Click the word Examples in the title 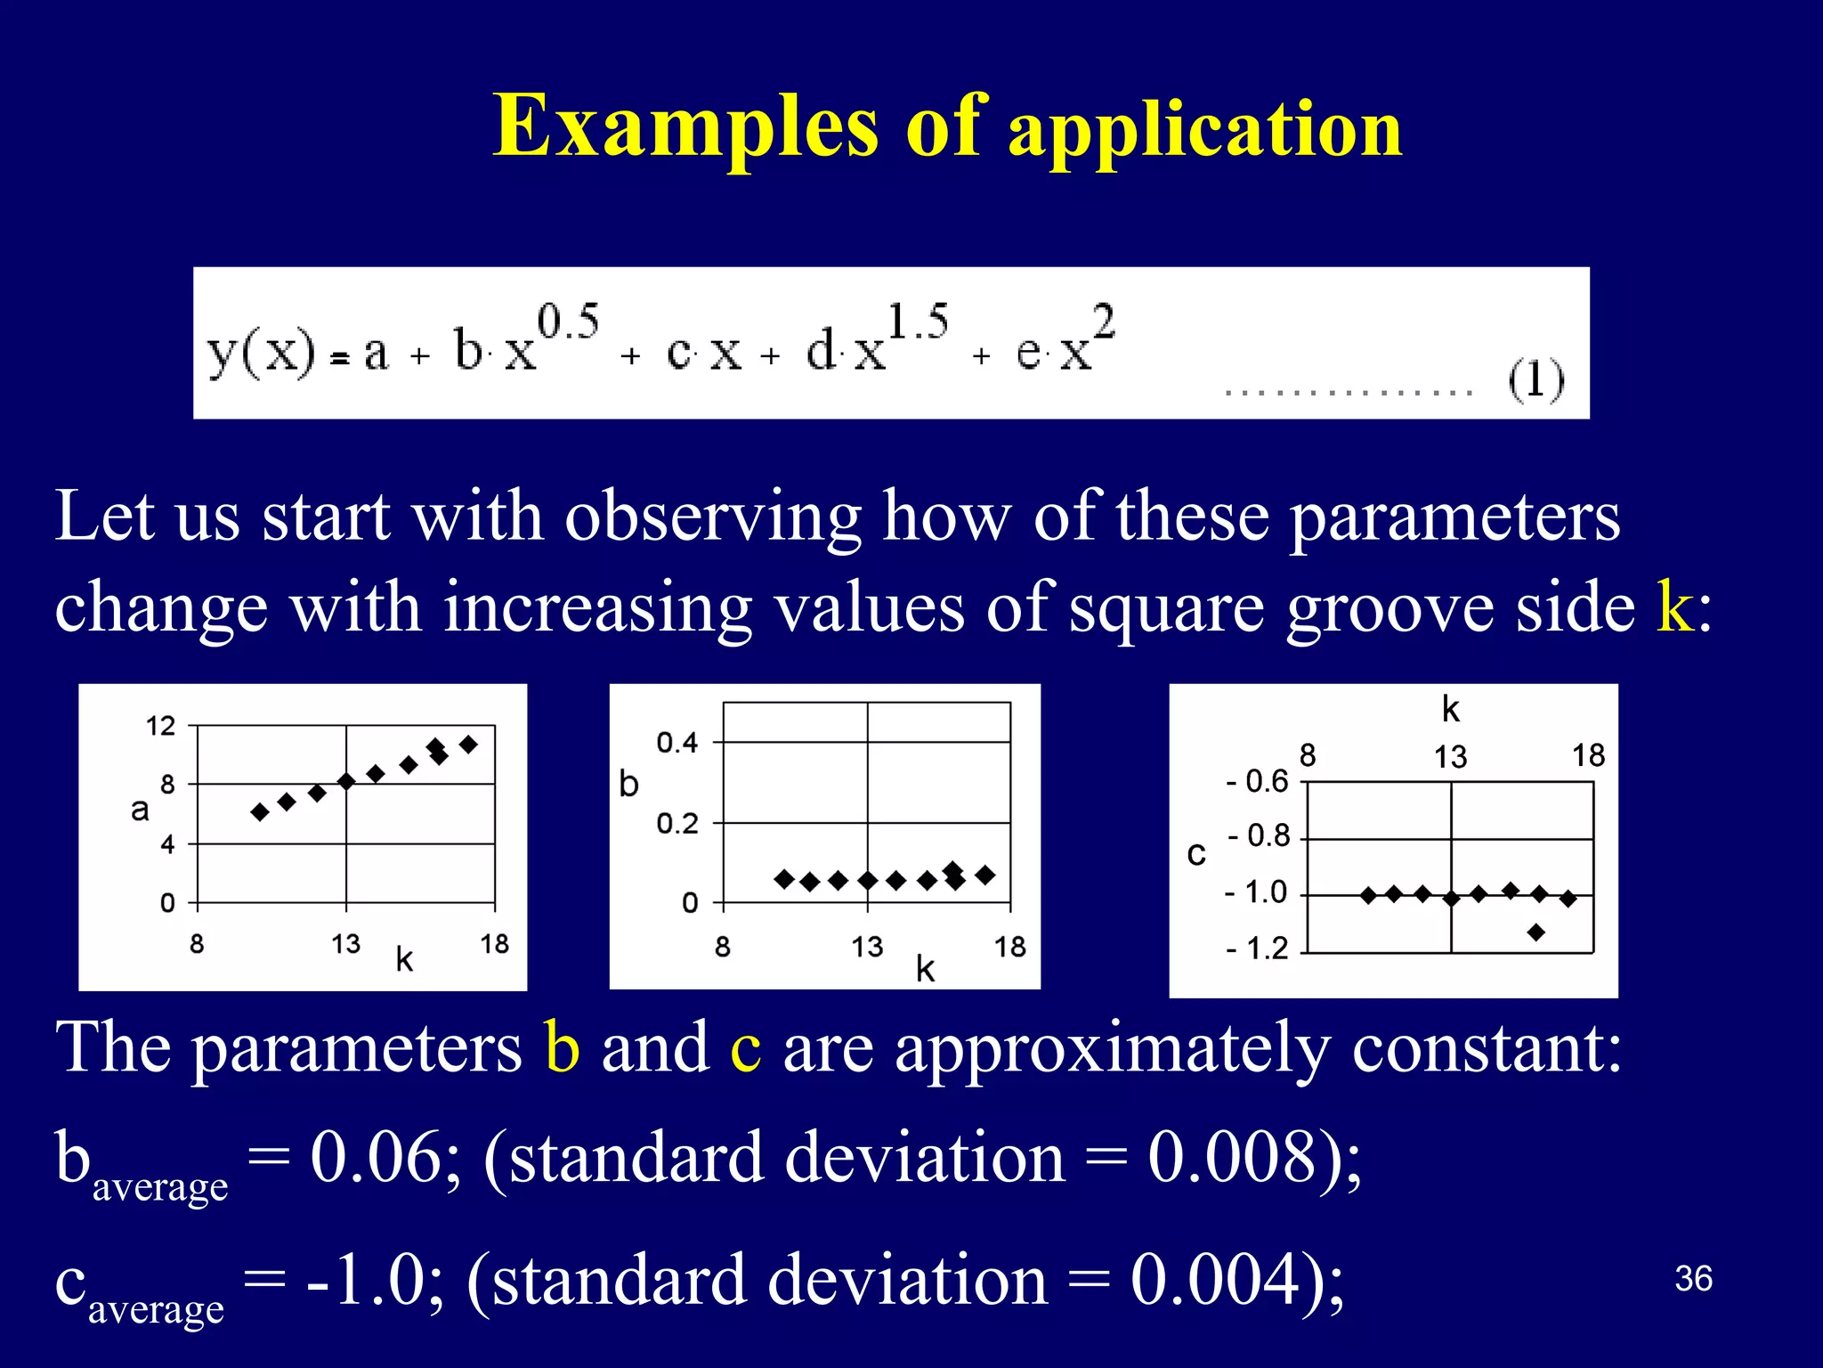685,127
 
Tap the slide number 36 1693,1279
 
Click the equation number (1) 1535,380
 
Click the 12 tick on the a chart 161,726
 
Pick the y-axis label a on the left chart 140,810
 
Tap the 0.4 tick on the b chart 677,742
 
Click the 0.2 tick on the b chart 677,823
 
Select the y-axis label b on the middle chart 628,784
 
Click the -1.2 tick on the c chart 1257,949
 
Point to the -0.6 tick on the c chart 1257,781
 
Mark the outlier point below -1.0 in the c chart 1535,932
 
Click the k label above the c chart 1451,710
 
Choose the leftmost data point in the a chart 260,811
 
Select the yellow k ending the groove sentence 1674,607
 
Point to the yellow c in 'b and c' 745,1048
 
